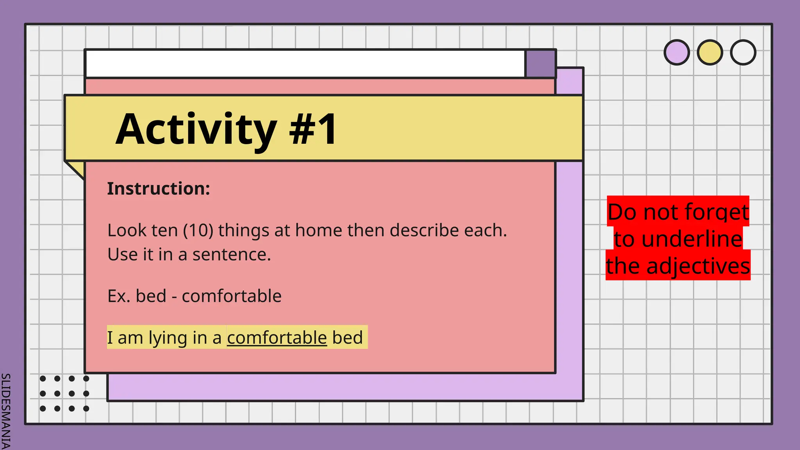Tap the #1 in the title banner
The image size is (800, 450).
[312, 129]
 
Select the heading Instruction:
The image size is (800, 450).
[159, 189]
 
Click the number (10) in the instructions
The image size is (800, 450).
[198, 230]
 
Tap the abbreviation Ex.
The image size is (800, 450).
[119, 296]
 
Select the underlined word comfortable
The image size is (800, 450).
[277, 338]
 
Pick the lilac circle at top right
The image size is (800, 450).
[677, 52]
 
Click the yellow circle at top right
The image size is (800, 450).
[710, 52]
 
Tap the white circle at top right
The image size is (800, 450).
[743, 52]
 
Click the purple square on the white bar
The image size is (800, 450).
[540, 64]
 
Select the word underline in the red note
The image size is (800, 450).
[691, 239]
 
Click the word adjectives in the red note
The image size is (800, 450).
[698, 266]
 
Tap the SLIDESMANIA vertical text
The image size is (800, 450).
[5, 410]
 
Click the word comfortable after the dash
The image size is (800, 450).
[231, 296]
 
